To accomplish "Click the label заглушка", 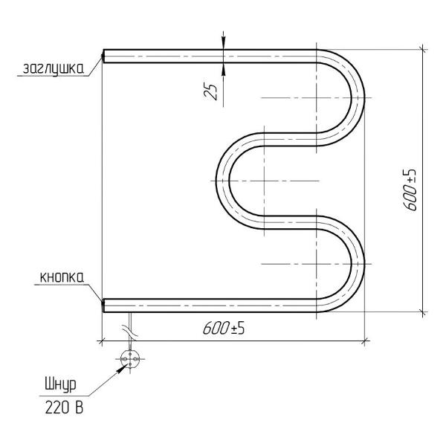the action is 54,68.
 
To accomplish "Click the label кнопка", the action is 62,277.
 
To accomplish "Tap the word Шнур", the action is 61,385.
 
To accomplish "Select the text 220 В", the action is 64,408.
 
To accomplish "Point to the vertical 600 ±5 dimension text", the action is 410,190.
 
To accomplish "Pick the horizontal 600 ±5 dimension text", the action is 224,329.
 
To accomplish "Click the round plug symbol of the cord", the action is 130,359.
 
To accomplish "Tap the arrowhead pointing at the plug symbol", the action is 121,368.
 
